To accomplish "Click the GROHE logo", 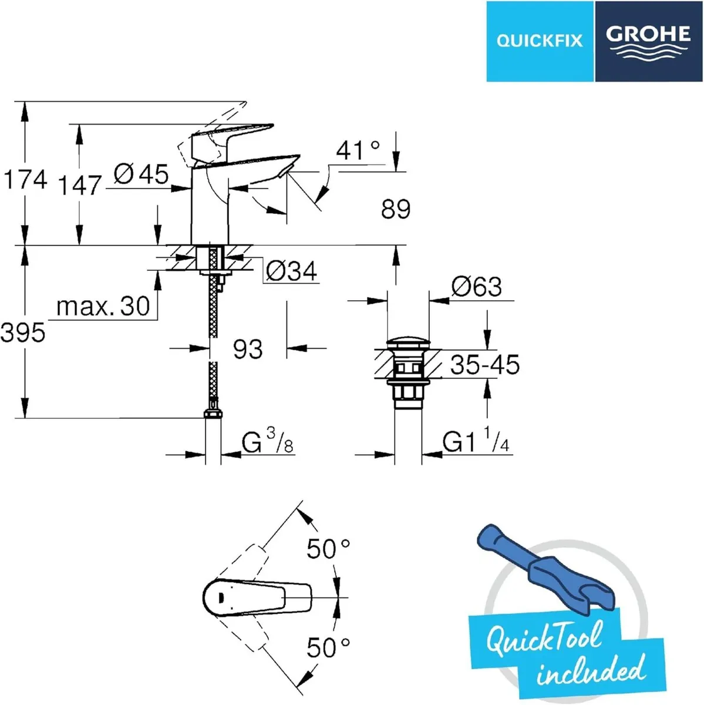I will click(x=648, y=41).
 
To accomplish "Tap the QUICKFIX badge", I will click(x=540, y=41).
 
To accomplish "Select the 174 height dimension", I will click(x=25, y=179).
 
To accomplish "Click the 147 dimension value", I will click(x=80, y=186).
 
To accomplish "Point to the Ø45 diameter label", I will click(x=141, y=174).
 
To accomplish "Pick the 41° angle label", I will click(x=358, y=151).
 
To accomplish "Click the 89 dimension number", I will click(x=395, y=209).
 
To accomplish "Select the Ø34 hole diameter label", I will click(x=291, y=271).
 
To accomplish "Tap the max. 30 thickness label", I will click(x=103, y=306).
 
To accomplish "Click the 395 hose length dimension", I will click(x=23, y=333).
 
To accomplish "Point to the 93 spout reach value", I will click(x=247, y=349).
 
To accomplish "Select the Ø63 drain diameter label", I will click(x=476, y=287).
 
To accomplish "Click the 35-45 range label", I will click(x=484, y=365).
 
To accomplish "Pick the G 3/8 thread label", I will click(x=268, y=442).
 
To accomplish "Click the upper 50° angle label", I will click(x=328, y=549).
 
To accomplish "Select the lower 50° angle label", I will click(x=328, y=648).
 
